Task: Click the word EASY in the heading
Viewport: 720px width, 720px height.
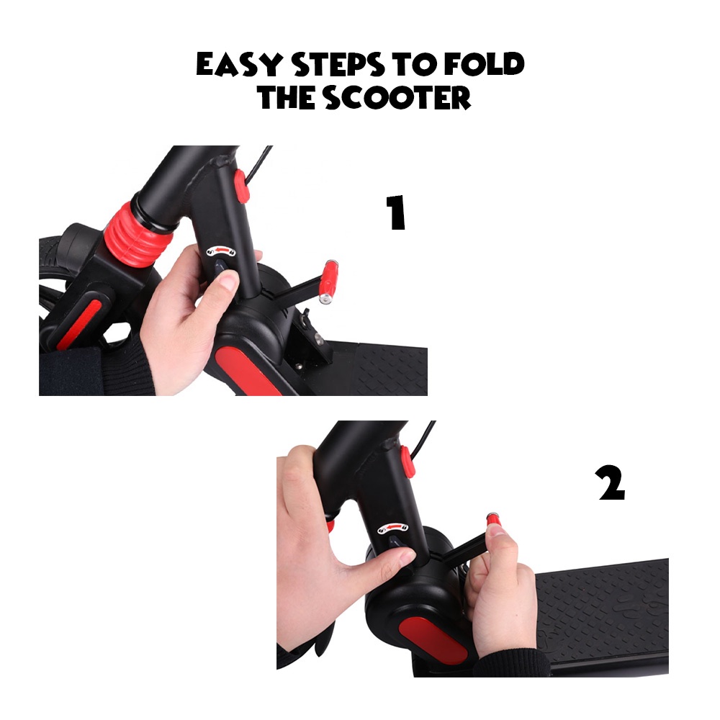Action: click(239, 64)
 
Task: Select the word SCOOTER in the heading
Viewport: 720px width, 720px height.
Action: click(397, 97)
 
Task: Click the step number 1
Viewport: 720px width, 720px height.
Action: click(395, 212)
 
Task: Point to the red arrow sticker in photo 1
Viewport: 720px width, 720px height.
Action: click(221, 251)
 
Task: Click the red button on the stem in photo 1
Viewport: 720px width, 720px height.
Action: click(241, 186)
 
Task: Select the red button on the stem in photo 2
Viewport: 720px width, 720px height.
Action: click(408, 461)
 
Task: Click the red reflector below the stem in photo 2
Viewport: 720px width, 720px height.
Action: click(433, 642)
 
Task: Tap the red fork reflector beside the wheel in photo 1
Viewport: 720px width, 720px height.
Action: click(78, 323)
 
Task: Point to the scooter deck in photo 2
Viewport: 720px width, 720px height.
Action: click(601, 616)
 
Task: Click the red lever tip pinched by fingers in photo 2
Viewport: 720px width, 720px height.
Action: click(493, 521)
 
